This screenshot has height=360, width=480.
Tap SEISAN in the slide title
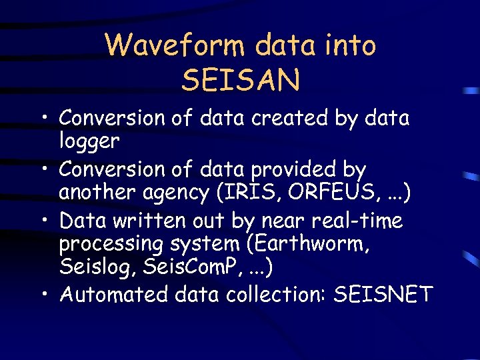240,80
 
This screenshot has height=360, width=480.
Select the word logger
89,141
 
